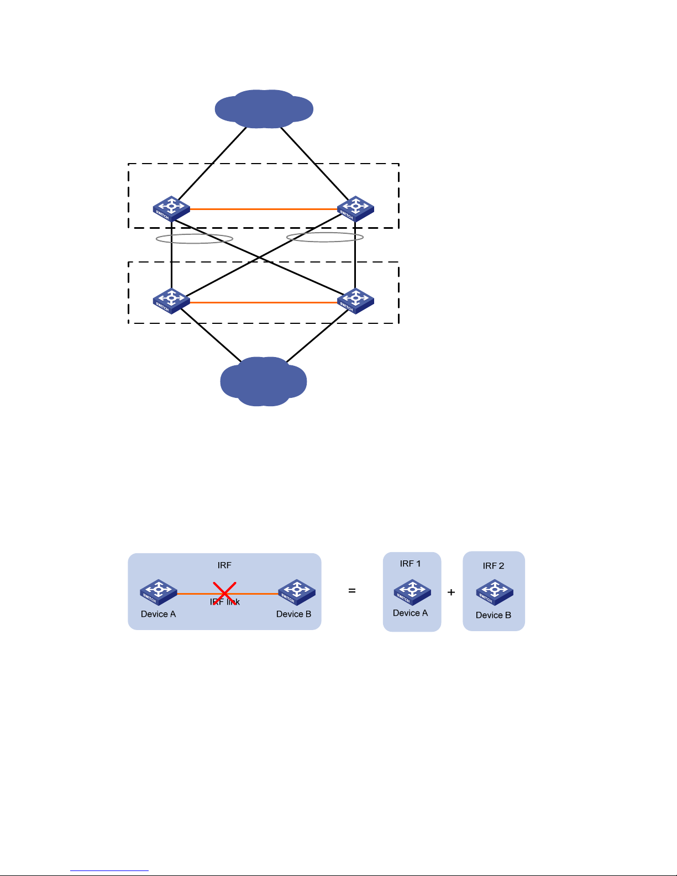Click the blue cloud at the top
[264, 109]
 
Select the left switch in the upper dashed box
[171, 208]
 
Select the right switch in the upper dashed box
[355, 208]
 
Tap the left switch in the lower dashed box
[171, 301]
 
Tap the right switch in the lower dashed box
[355, 301]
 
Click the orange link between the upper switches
[264, 209]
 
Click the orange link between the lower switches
[264, 302]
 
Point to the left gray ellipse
[194, 239]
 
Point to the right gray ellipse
[325, 237]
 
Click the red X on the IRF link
[225, 593]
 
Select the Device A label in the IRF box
[158, 614]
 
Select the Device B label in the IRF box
[293, 614]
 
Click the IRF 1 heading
[410, 564]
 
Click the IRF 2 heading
[493, 566]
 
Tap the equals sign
[352, 591]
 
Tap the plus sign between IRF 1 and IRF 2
[452, 592]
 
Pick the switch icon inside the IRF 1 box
[412, 592]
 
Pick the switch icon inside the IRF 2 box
[495, 592]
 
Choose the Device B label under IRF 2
[493, 615]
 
